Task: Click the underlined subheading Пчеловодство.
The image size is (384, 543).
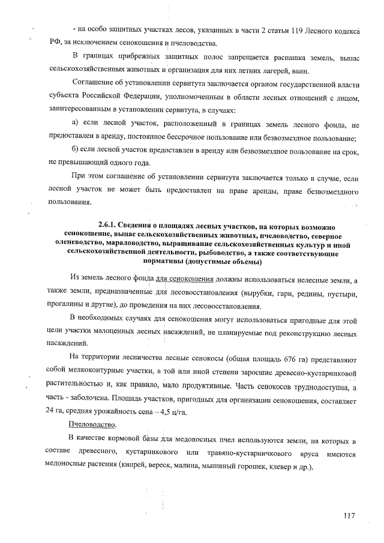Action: (x=92, y=424)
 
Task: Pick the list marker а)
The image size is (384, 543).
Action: (x=76, y=123)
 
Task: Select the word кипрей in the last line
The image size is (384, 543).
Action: (x=134, y=466)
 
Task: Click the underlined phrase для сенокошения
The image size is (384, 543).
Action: (x=185, y=280)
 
